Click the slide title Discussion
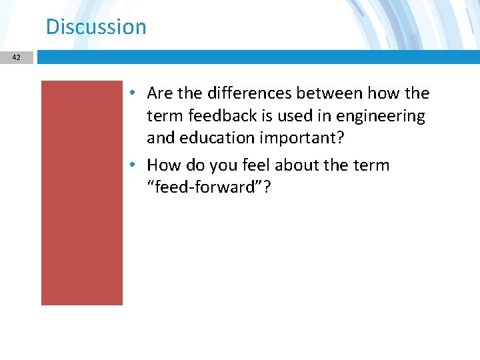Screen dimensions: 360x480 pyautogui.click(x=96, y=27)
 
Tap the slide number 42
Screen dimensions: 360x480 pyautogui.click(x=16, y=58)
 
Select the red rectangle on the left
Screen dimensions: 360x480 pyautogui.click(x=82, y=193)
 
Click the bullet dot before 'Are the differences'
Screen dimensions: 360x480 pyautogui.click(x=134, y=93)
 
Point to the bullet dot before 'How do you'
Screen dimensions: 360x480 pyautogui.click(x=134, y=165)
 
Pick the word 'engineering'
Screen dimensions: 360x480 pyautogui.click(x=380, y=116)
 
